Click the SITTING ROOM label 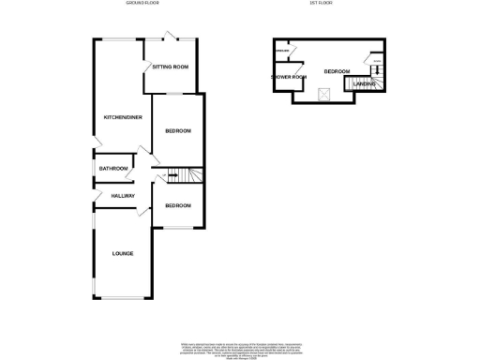click(171, 67)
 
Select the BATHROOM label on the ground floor click(113, 168)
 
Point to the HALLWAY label click(124, 195)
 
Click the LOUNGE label click(122, 253)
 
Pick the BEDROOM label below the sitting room click(178, 131)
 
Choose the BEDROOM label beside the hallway click(178, 205)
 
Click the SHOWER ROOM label click(289, 77)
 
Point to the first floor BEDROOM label click(337, 72)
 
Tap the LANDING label click(363, 83)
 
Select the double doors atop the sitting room click(170, 38)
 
